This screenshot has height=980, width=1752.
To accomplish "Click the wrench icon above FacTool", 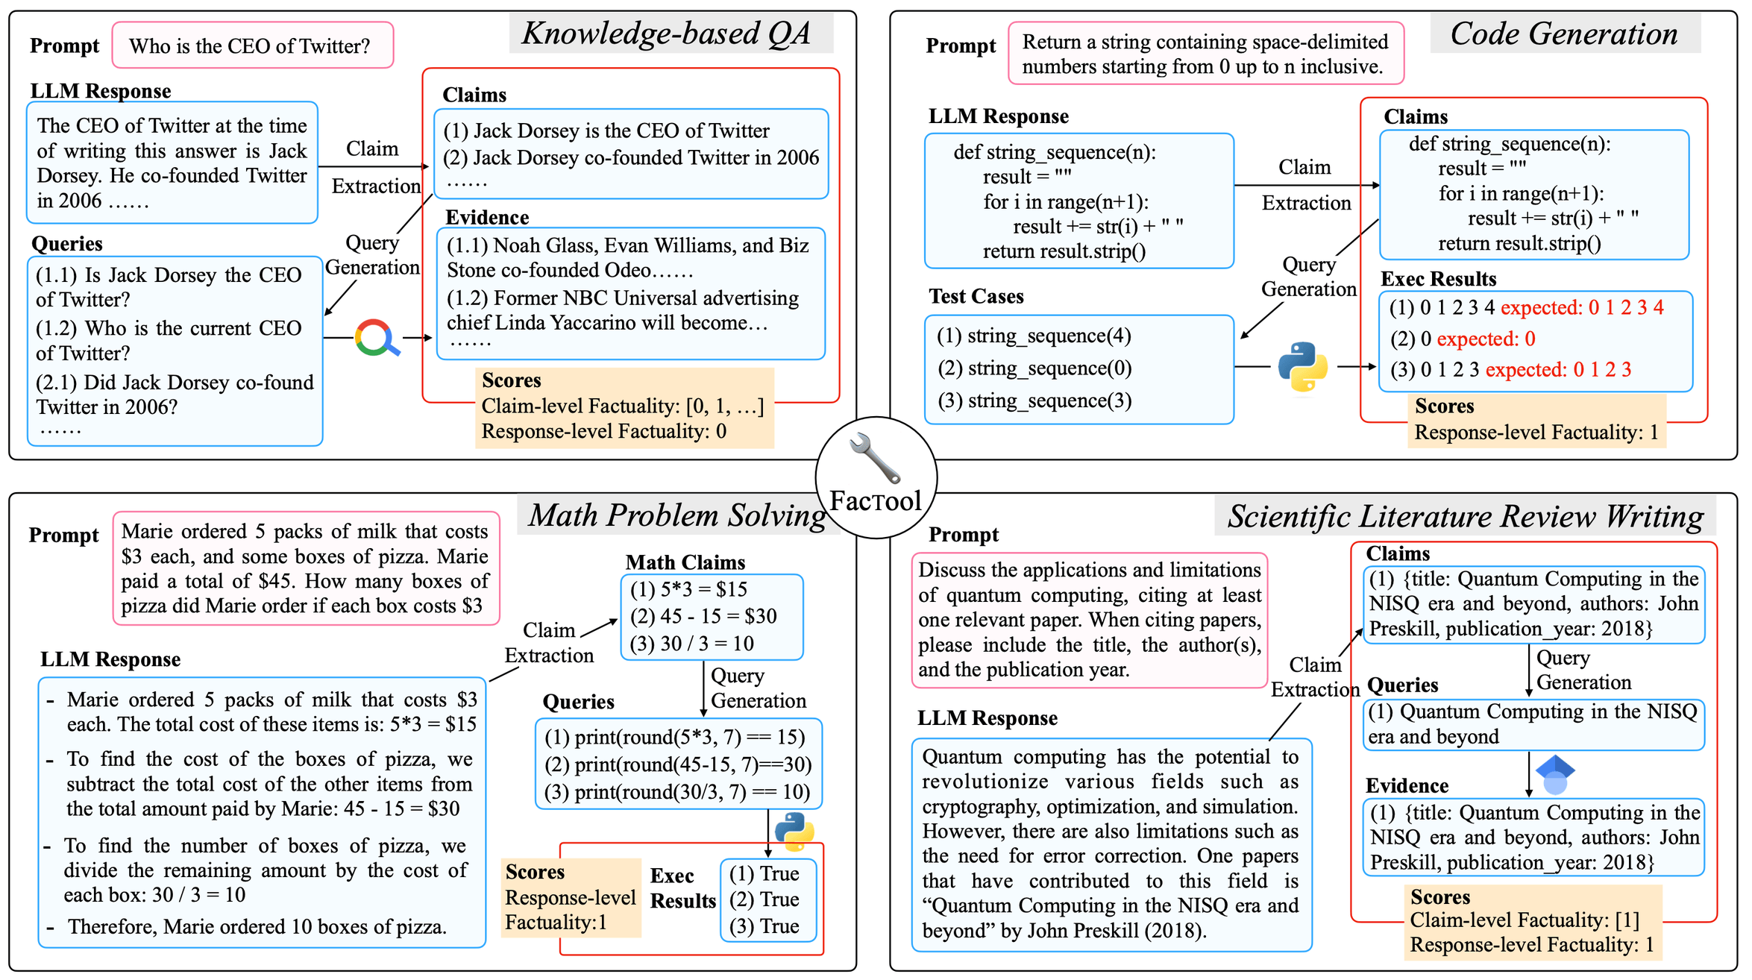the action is pyautogui.click(x=874, y=457).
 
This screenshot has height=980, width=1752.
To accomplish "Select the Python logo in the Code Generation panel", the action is pyautogui.click(x=1302, y=366).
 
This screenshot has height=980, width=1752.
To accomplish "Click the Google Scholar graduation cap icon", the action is pyautogui.click(x=1555, y=774).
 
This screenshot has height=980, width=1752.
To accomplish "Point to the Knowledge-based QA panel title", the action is pyautogui.click(x=666, y=34).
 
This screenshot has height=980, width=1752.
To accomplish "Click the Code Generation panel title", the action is pyautogui.click(x=1563, y=34).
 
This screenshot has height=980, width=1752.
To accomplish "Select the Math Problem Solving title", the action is pyautogui.click(x=677, y=515).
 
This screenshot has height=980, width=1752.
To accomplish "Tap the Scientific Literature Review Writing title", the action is pyautogui.click(x=1466, y=516).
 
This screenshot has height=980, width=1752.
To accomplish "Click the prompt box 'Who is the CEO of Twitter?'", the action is pyautogui.click(x=253, y=45).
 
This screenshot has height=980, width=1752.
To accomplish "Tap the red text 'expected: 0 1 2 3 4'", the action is pyautogui.click(x=1582, y=308).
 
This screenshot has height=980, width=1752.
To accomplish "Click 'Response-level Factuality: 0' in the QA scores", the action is pyautogui.click(x=604, y=431).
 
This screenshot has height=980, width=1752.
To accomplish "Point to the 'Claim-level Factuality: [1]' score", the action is pyautogui.click(x=1525, y=920).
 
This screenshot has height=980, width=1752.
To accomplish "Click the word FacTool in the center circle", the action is pyautogui.click(x=876, y=500).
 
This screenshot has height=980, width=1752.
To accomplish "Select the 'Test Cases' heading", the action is pyautogui.click(x=976, y=297).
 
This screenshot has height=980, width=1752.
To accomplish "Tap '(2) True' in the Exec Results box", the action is pyautogui.click(x=764, y=899).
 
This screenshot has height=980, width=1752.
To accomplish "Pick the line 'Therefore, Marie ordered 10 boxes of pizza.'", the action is pyautogui.click(x=257, y=926).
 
